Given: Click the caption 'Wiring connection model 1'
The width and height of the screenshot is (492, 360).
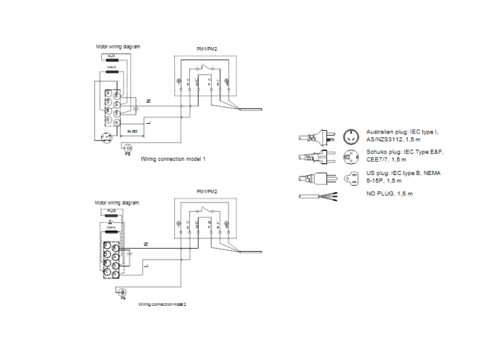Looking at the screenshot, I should pyautogui.click(x=173, y=160).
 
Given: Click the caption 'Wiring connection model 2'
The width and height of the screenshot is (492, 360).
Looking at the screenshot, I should pyautogui.click(x=162, y=304).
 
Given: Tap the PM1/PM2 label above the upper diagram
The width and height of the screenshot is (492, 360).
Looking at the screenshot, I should pyautogui.click(x=207, y=47).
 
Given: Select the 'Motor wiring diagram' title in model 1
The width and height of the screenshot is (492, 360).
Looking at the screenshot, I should pyautogui.click(x=117, y=46).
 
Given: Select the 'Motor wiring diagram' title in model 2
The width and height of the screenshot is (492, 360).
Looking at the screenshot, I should pyautogui.click(x=117, y=202).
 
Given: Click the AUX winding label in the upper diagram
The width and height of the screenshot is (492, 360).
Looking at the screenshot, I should pyautogui.click(x=111, y=55).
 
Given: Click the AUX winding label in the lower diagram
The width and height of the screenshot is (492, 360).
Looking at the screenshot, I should pyautogui.click(x=111, y=210).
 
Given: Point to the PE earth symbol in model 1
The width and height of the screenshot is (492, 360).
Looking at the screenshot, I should pyautogui.click(x=127, y=148).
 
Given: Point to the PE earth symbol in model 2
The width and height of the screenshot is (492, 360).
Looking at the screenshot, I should pyautogui.click(x=122, y=292).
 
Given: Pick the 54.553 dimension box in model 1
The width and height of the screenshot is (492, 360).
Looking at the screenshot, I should pyautogui.click(x=131, y=131).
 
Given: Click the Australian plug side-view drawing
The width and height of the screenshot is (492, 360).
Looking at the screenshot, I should pyautogui.click(x=315, y=136).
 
